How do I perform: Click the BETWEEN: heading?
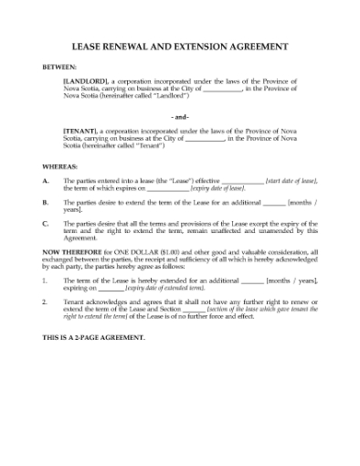(x=61, y=68)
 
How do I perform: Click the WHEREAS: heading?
(x=60, y=167)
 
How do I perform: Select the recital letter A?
(x=46, y=182)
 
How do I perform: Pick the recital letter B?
(x=46, y=200)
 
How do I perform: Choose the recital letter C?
(x=46, y=222)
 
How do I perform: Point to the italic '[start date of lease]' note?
(x=291, y=182)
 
